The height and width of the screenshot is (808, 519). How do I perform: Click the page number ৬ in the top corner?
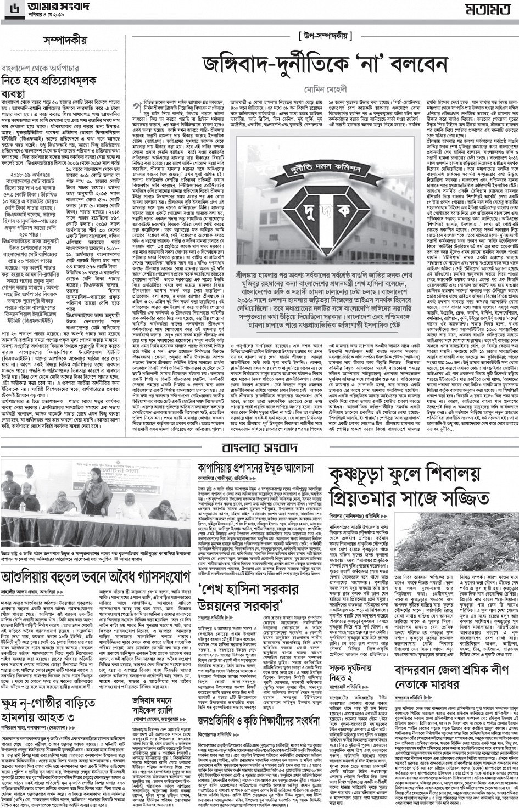(x=7, y=8)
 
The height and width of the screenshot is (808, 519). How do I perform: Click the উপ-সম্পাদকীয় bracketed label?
(x=323, y=36)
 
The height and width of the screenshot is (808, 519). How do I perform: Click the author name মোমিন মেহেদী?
(x=323, y=87)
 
